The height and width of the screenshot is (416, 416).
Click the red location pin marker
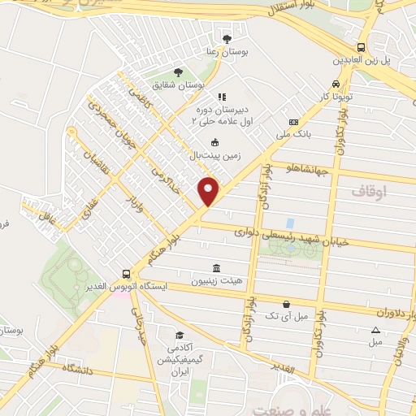209,191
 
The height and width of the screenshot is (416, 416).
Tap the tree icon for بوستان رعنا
227,38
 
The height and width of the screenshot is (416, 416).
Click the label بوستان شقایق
182,84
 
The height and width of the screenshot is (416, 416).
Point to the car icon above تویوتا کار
335,84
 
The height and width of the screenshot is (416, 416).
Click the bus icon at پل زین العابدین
359,47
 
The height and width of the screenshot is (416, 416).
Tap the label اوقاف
370,192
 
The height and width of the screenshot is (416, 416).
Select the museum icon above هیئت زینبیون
215,269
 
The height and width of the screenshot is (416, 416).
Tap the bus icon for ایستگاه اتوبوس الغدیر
126,275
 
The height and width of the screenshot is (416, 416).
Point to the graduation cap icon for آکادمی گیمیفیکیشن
179,334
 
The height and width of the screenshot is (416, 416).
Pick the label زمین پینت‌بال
215,154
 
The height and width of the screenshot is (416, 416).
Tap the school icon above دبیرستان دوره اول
221,97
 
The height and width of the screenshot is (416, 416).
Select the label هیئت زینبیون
215,282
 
